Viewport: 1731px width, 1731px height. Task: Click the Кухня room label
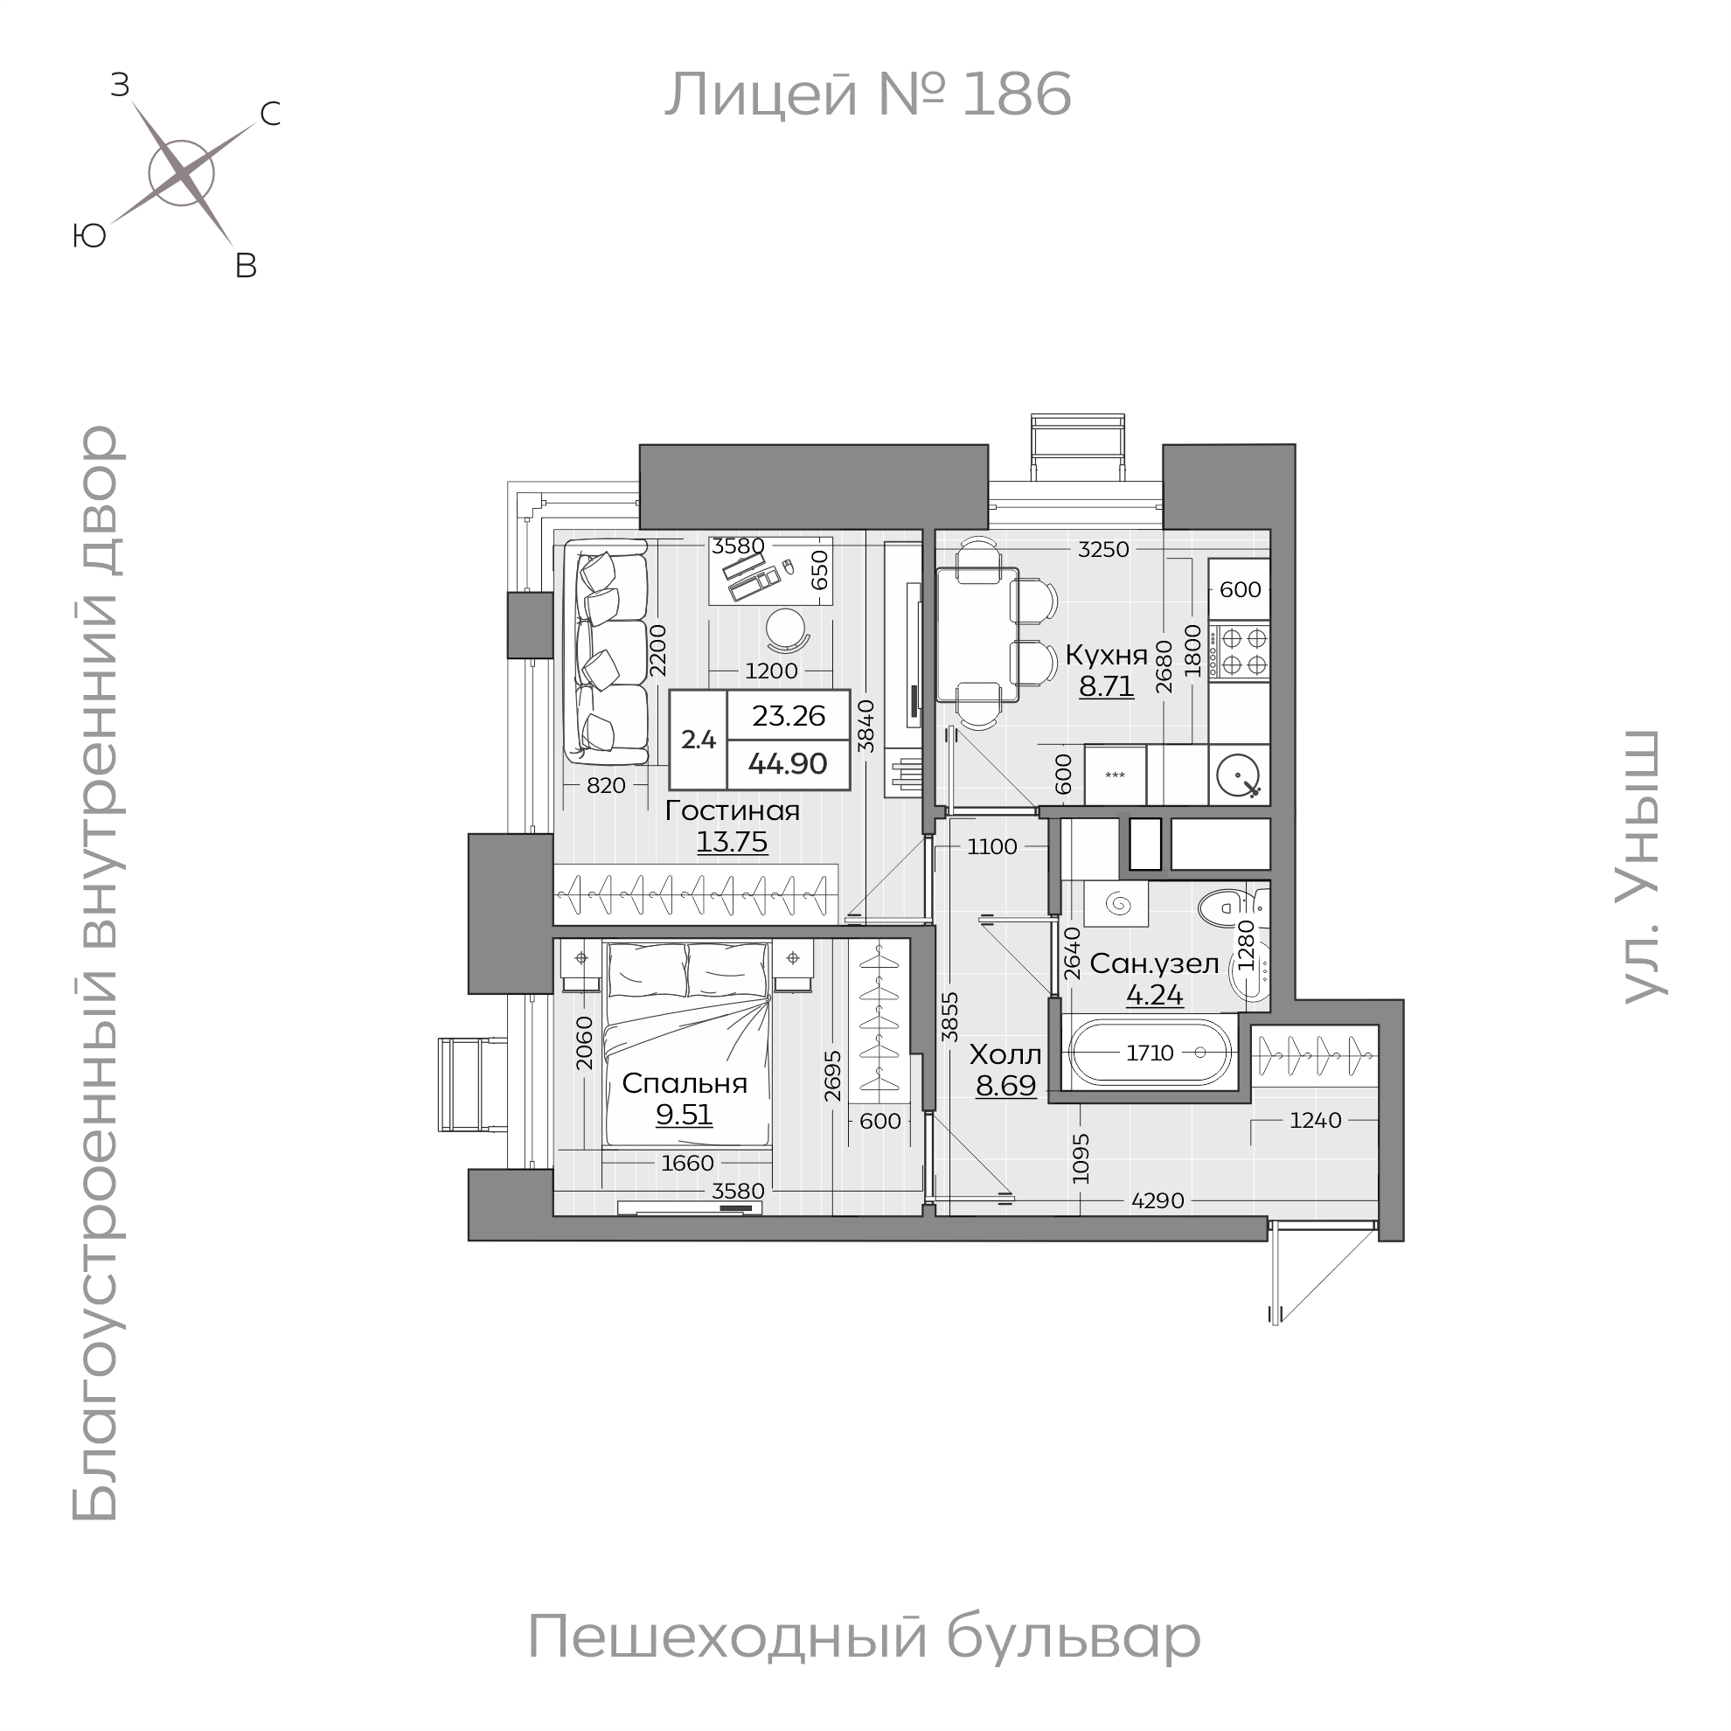(1106, 655)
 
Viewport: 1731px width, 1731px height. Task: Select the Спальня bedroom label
(685, 1083)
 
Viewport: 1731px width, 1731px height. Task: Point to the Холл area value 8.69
(1005, 1086)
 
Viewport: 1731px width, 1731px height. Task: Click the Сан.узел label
(1154, 964)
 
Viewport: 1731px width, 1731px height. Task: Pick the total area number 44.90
(788, 764)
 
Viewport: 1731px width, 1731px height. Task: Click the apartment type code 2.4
(698, 740)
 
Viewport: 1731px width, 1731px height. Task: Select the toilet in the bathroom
(1220, 907)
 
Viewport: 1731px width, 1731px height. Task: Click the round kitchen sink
(1239, 775)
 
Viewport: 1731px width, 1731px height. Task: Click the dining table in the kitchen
(977, 635)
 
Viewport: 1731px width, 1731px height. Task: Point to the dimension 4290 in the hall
(1157, 1200)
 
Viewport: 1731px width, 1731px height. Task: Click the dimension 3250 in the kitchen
(1103, 550)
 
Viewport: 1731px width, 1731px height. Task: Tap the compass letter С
(269, 114)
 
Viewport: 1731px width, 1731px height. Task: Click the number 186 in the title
(1016, 95)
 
